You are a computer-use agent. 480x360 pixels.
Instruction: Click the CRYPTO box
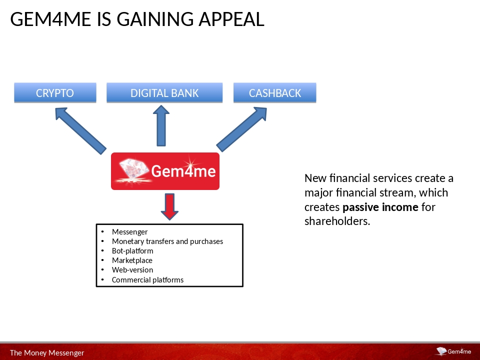55,92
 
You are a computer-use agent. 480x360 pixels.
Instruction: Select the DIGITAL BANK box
164,92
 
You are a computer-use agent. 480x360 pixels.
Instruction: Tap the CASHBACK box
275,92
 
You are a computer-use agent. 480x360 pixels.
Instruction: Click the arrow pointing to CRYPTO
80,130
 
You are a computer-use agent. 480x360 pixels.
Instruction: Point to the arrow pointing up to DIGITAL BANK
161,126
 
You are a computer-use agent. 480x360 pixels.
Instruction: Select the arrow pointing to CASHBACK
242,129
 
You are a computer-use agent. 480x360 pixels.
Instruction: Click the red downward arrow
169,206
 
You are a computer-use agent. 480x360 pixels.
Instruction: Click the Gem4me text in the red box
183,170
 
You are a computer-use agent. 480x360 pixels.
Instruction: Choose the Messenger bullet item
130,231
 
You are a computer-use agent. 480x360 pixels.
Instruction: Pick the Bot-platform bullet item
132,250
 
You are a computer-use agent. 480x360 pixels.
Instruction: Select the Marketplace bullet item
132,260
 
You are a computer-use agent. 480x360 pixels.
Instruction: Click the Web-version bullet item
132,269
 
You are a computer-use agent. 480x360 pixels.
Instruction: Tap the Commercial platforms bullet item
147,280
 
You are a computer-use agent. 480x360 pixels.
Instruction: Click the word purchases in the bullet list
206,241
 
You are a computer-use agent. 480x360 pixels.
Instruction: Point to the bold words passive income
380,207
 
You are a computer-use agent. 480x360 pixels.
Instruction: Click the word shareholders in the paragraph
337,221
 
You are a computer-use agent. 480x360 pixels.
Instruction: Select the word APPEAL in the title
231,19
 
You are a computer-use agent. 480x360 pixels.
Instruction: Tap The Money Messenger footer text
47,352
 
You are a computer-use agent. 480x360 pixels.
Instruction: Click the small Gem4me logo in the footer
453,351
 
